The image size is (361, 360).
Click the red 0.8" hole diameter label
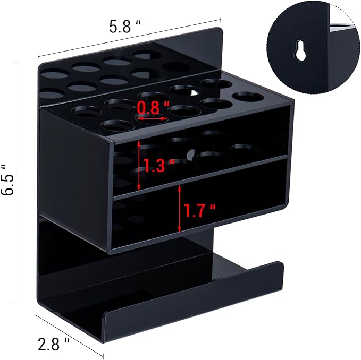tap(147, 108)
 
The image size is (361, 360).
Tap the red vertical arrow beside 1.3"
tap(139, 166)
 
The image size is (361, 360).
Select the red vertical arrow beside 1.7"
tap(180, 208)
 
